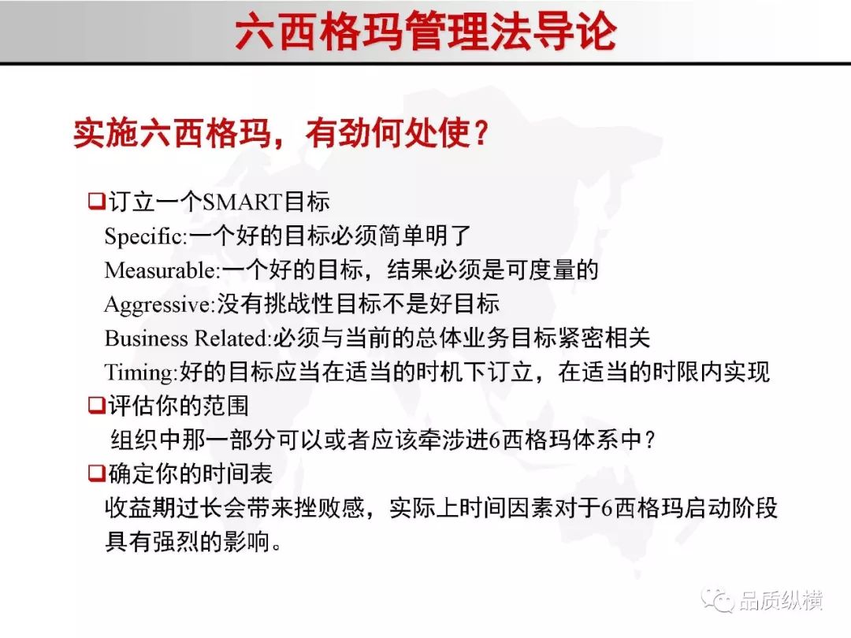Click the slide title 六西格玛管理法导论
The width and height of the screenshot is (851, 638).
point(425,32)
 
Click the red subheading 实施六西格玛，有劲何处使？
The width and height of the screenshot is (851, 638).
point(281,133)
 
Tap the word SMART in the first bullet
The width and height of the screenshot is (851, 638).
point(243,202)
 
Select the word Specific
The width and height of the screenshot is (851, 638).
point(144,236)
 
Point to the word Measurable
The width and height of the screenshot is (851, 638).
point(161,270)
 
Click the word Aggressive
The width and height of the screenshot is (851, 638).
point(158,305)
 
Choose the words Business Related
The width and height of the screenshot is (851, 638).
point(186,338)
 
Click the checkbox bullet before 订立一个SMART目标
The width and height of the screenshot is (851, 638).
point(97,202)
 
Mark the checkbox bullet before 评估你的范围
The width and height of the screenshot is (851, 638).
point(97,406)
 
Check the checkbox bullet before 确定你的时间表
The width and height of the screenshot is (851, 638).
point(97,473)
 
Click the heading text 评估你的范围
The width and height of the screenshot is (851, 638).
point(179,406)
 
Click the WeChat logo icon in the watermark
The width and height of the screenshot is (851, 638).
point(718,599)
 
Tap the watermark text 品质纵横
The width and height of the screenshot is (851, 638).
point(781,600)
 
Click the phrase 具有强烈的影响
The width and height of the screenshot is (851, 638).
point(188,542)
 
